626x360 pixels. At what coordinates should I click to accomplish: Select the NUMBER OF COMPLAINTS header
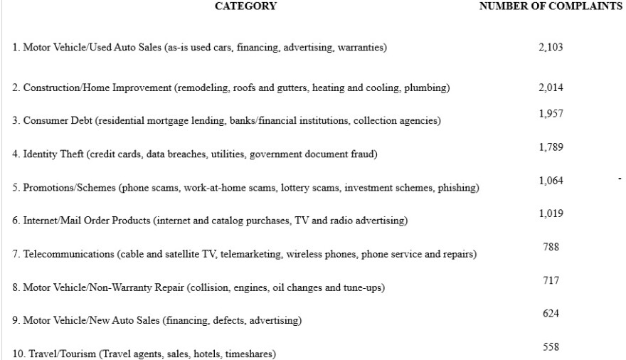click(x=551, y=6)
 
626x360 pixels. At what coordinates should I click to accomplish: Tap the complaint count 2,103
click(x=551, y=47)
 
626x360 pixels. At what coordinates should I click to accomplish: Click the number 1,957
click(x=551, y=115)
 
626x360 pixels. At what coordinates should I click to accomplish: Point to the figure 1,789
click(x=551, y=147)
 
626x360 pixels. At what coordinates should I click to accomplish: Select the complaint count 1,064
click(x=551, y=181)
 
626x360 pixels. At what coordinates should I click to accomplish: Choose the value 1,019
click(x=551, y=214)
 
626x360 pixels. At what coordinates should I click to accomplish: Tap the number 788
click(x=551, y=247)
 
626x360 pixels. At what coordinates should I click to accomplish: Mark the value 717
click(x=551, y=281)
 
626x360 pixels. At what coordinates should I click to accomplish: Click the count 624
click(x=551, y=314)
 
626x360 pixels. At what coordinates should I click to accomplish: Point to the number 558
click(x=551, y=347)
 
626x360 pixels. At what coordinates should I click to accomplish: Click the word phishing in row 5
click(x=460, y=188)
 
